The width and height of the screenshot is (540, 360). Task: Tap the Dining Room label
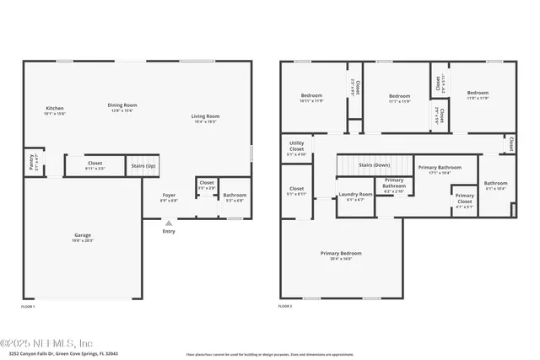coord(122,105)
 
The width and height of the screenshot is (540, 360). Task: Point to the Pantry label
coord(31,161)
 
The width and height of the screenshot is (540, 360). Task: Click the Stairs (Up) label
coord(143,166)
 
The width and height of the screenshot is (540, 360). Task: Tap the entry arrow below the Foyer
coord(169,223)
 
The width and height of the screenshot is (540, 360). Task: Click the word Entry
coord(169,231)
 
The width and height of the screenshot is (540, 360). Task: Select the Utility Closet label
coord(296,148)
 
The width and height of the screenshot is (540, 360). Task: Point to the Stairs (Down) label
coord(375,164)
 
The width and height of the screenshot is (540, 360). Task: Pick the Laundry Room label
coord(355,195)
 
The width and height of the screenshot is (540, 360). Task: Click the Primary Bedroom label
coord(341,253)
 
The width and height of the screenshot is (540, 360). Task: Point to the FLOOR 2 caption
coord(285,307)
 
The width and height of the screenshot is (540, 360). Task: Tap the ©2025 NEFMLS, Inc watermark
coord(46,342)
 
